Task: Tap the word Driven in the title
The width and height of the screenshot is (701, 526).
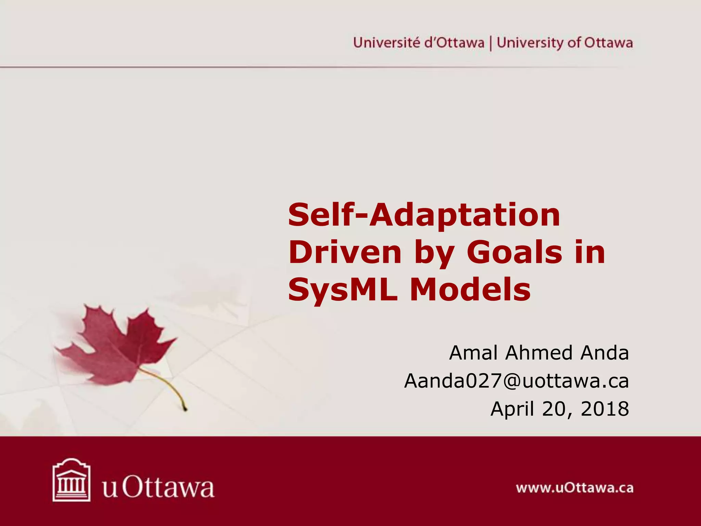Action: [345, 253]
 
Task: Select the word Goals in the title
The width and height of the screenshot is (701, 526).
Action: [514, 253]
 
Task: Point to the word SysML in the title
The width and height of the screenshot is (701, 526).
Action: [343, 290]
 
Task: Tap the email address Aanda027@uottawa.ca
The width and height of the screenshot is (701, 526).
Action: [517, 381]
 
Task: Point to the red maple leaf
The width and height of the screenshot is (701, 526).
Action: [116, 346]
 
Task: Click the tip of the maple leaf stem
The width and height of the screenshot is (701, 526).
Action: [186, 409]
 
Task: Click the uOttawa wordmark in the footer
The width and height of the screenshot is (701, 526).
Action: [158, 488]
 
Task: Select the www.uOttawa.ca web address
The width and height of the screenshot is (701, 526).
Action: [575, 488]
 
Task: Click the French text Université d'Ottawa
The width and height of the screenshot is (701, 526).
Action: [419, 43]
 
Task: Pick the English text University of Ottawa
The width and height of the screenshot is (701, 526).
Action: [565, 43]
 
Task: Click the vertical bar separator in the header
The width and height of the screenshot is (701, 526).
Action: [491, 43]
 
